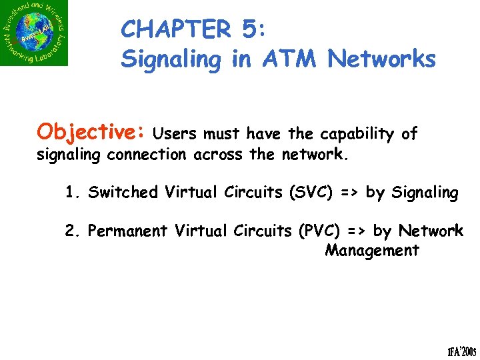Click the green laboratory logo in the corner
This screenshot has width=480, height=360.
[34, 33]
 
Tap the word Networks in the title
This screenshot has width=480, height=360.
[382, 59]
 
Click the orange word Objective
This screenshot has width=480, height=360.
[91, 132]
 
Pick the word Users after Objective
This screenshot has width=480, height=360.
[175, 134]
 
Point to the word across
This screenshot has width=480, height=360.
[218, 155]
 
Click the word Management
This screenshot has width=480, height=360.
[371, 251]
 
